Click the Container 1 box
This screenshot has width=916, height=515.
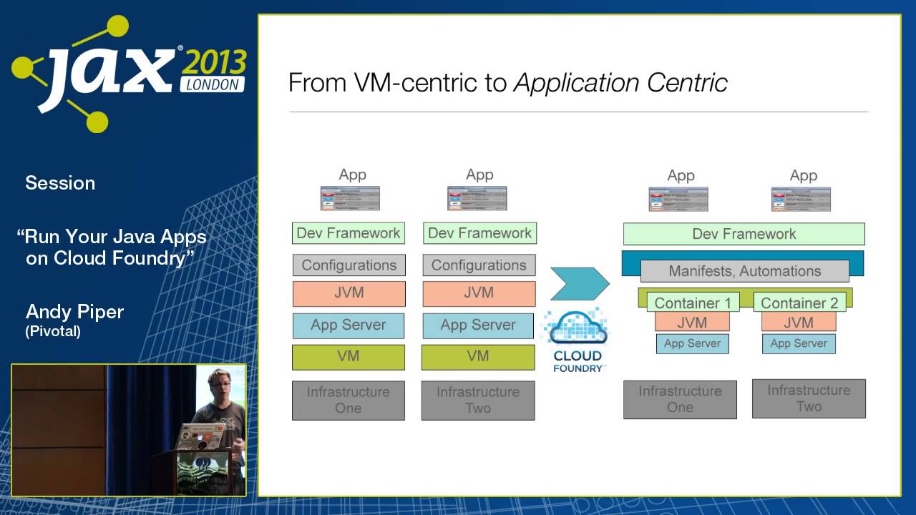coord(693,303)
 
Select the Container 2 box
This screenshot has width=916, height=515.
coord(799,303)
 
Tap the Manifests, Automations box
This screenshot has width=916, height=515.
coord(744,271)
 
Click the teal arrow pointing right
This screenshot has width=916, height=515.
coord(579,284)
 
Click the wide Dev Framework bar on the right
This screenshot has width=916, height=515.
coord(744,234)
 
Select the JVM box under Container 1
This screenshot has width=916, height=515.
coord(692,322)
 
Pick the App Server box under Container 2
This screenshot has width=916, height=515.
coord(799,343)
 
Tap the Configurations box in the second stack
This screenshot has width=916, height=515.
coord(479,265)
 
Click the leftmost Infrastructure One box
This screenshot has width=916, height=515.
coord(349,400)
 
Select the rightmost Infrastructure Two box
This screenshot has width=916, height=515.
coord(809,398)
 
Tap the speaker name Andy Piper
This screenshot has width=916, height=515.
coord(74,312)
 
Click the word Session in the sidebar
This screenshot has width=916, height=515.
coord(60,183)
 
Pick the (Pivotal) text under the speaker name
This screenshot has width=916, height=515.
coord(53,331)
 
